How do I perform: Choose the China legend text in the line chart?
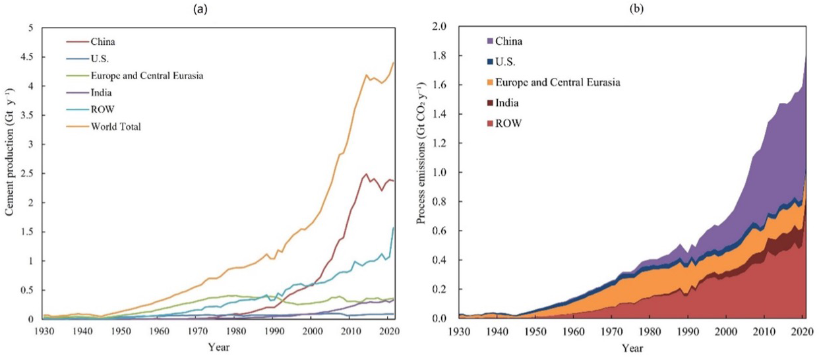point(102,41)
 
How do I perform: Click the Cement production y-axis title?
point(10,173)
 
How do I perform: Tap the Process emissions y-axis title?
point(422,173)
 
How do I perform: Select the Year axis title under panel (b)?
point(634,348)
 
